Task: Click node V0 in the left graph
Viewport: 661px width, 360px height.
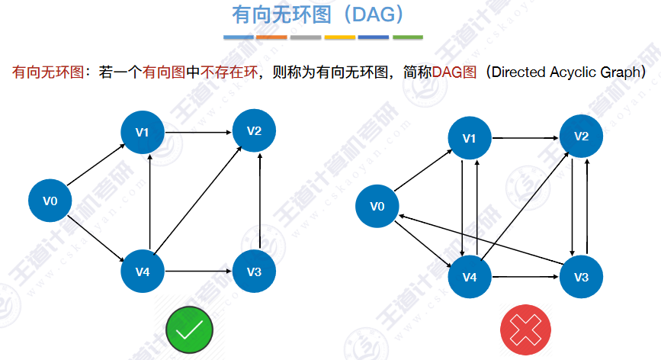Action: pyautogui.click(x=50, y=201)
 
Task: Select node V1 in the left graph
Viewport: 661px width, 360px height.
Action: pyautogui.click(x=142, y=132)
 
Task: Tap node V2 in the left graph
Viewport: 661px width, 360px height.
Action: pyautogui.click(x=254, y=130)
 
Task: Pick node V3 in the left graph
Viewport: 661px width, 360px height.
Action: pyautogui.click(x=254, y=272)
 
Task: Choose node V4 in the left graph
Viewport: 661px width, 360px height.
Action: pyautogui.click(x=142, y=272)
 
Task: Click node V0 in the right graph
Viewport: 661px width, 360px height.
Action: pyautogui.click(x=377, y=206)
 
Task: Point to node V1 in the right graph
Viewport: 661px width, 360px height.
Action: pyautogui.click(x=470, y=138)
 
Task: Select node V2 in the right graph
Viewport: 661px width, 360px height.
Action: pyautogui.click(x=582, y=137)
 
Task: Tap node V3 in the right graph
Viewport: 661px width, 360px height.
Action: pyautogui.click(x=582, y=276)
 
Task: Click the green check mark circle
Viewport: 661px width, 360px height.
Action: pyautogui.click(x=189, y=329)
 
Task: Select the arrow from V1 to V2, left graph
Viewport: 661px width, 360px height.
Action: pyautogui.click(x=198, y=132)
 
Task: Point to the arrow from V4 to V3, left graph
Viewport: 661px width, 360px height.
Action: pyautogui.click(x=198, y=272)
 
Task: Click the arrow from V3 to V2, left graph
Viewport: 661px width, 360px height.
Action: pyautogui.click(x=262, y=201)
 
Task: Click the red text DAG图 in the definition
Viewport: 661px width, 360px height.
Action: pyautogui.click(x=454, y=72)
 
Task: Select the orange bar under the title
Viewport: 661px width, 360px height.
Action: pyautogui.click(x=271, y=37)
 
